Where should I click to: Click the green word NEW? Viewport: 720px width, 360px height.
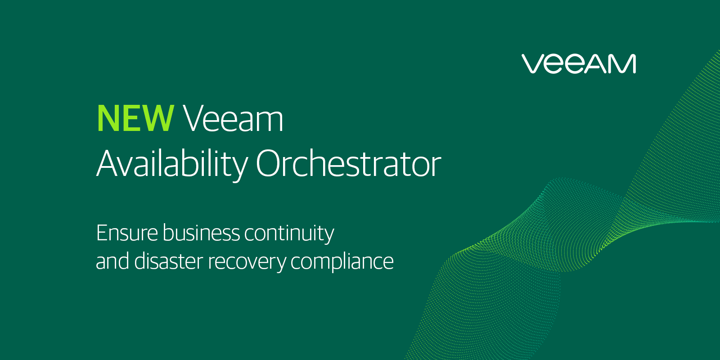click(x=135, y=118)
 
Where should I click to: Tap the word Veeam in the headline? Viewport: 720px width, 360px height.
click(x=233, y=118)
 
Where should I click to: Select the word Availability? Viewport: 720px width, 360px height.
click(x=172, y=164)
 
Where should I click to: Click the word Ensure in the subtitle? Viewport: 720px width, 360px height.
click(x=127, y=233)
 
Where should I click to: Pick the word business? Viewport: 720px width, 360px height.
click(x=201, y=233)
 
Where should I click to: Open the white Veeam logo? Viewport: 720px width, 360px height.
click(x=579, y=64)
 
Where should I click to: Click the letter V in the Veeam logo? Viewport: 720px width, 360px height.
click(x=533, y=64)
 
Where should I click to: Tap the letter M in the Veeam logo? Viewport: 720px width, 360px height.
click(x=621, y=64)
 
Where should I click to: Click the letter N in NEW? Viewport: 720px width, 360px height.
click(x=108, y=118)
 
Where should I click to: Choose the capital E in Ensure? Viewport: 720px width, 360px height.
click(x=102, y=233)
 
